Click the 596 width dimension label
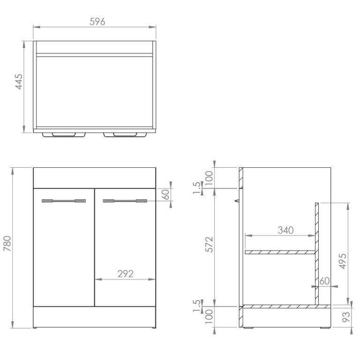(97, 22)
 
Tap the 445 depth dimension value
(19, 82)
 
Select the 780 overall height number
(7, 243)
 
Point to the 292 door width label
(125, 274)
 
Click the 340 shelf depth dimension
(285, 230)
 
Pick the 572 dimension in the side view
(209, 245)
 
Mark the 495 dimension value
(343, 261)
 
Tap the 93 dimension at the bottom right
(346, 317)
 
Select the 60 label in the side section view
(324, 281)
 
